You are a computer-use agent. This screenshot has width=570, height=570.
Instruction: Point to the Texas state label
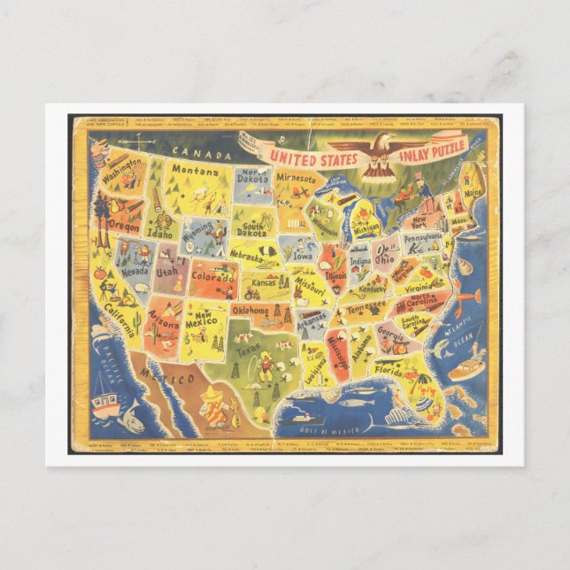[x=246, y=351]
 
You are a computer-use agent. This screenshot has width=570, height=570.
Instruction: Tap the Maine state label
[x=472, y=189]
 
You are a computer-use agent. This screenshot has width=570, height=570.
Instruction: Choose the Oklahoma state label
[x=250, y=311]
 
